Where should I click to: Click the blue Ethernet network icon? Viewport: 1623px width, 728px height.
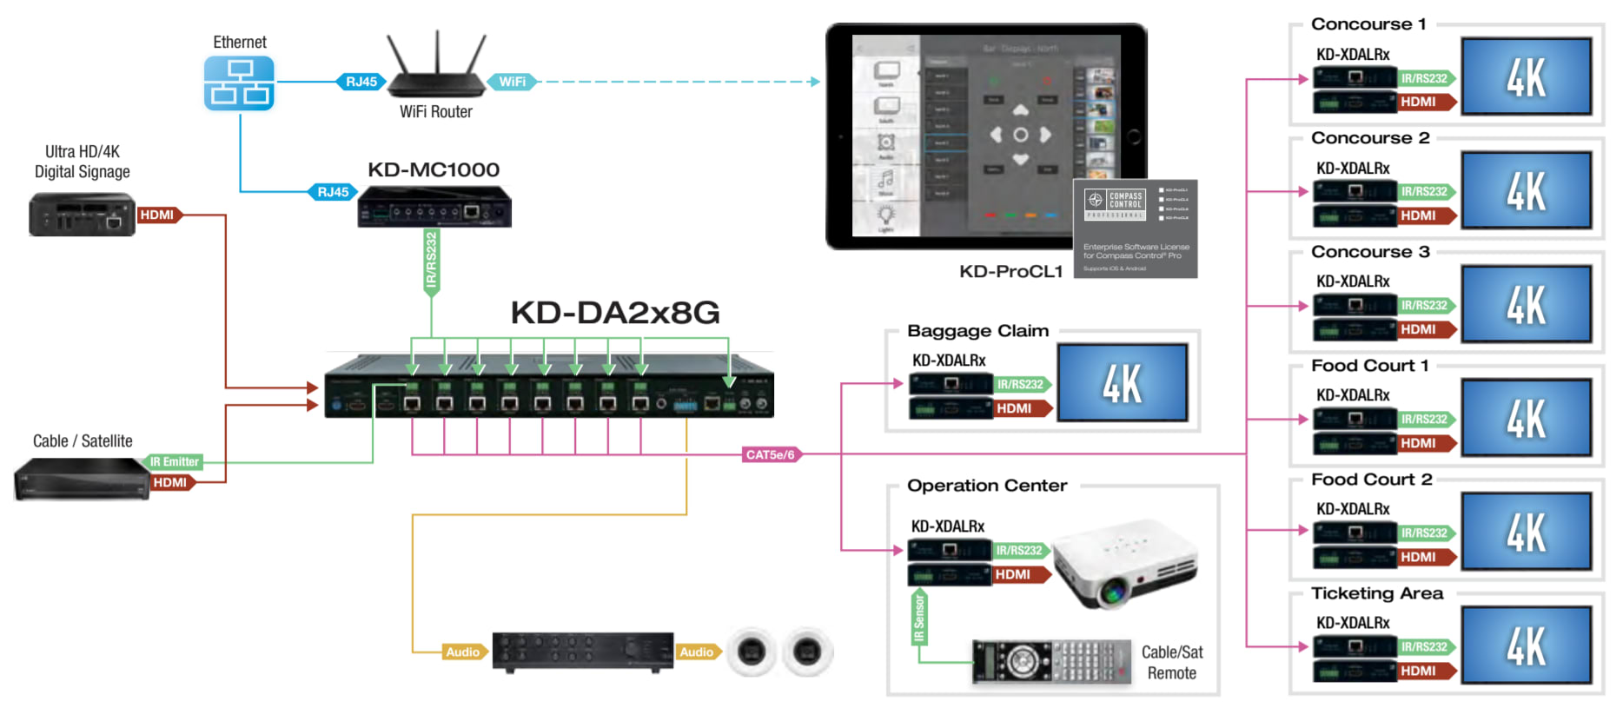point(239,83)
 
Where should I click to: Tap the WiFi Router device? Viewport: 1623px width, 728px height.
point(436,71)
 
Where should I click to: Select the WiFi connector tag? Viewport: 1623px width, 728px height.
point(512,82)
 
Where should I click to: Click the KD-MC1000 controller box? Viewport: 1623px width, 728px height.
point(434,206)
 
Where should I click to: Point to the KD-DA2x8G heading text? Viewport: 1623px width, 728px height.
point(615,313)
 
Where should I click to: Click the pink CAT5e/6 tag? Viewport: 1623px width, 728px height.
point(771,454)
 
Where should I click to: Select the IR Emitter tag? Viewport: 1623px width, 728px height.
point(175,462)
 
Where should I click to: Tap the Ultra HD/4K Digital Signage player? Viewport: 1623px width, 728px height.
point(82,215)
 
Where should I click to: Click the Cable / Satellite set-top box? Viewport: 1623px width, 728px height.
point(82,479)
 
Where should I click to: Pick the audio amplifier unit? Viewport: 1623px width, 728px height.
point(582,652)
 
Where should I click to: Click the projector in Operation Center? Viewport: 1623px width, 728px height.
point(1125,565)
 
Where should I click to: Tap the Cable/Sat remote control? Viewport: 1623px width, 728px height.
point(1051,662)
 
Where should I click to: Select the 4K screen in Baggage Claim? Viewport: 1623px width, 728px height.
point(1122,383)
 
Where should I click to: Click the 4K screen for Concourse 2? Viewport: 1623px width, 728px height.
point(1526,190)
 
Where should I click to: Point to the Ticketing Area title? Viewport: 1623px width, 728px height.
point(1376,593)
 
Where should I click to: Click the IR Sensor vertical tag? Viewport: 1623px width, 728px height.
point(919,618)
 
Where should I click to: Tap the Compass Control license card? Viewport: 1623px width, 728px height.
point(1135,228)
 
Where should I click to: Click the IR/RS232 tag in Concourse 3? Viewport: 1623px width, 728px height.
point(1425,306)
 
